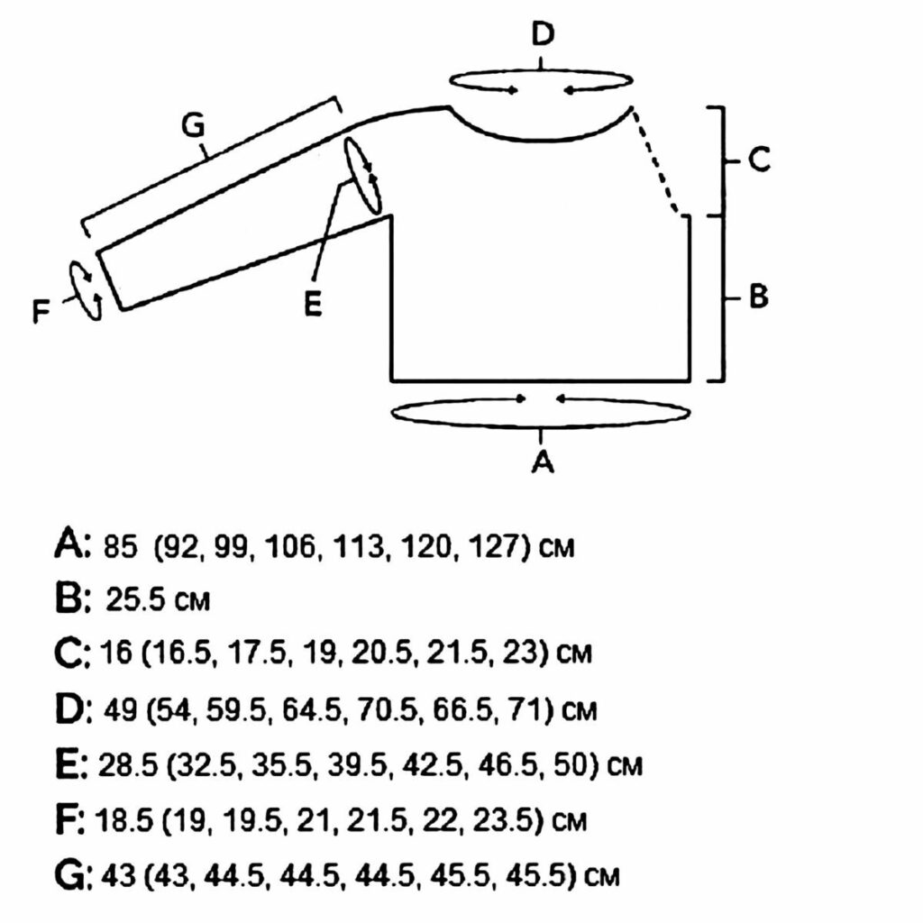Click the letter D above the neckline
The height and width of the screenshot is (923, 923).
point(542,33)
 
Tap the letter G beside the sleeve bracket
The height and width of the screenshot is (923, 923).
point(193,124)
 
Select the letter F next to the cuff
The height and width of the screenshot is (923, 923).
point(41,311)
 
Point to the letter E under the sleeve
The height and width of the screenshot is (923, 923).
point(313,305)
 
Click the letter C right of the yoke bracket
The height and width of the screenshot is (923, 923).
point(759,159)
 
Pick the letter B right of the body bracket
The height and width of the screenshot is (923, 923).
point(759,296)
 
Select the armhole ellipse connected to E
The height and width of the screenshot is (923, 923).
point(361,175)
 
